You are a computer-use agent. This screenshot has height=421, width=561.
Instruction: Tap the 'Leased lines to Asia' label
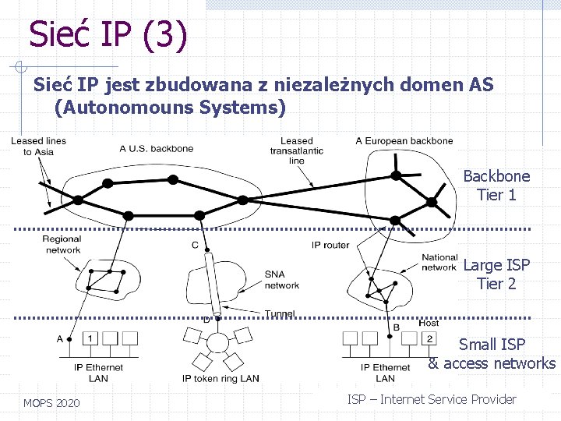(x=38, y=146)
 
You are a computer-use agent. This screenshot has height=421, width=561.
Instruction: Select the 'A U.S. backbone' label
(x=157, y=148)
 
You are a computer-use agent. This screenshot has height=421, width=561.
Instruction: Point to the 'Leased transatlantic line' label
(x=296, y=150)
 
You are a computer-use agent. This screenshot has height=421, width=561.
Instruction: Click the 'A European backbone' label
(x=404, y=141)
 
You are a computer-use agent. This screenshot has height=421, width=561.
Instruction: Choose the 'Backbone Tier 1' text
(x=496, y=186)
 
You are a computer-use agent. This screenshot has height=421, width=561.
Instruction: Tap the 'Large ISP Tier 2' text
(x=496, y=274)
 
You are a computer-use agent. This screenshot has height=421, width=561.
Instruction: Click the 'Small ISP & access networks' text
(x=492, y=354)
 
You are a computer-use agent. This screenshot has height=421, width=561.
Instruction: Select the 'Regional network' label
(x=62, y=245)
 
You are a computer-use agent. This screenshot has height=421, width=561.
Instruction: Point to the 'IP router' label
(x=330, y=245)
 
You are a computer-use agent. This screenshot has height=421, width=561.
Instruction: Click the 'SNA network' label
(x=281, y=280)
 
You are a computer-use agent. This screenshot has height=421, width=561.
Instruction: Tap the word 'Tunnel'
(x=279, y=314)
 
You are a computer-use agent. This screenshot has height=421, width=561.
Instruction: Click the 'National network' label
(x=439, y=262)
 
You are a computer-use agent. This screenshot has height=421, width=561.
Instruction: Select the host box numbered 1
(x=90, y=338)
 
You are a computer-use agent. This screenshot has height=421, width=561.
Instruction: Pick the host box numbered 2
(x=429, y=338)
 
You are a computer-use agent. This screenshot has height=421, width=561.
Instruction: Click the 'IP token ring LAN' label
(x=221, y=379)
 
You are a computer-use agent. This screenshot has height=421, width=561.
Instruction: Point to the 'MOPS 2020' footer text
(x=51, y=403)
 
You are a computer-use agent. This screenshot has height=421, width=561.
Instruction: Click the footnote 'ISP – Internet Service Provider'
(x=432, y=399)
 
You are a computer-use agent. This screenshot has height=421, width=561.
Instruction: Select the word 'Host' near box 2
(x=429, y=324)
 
